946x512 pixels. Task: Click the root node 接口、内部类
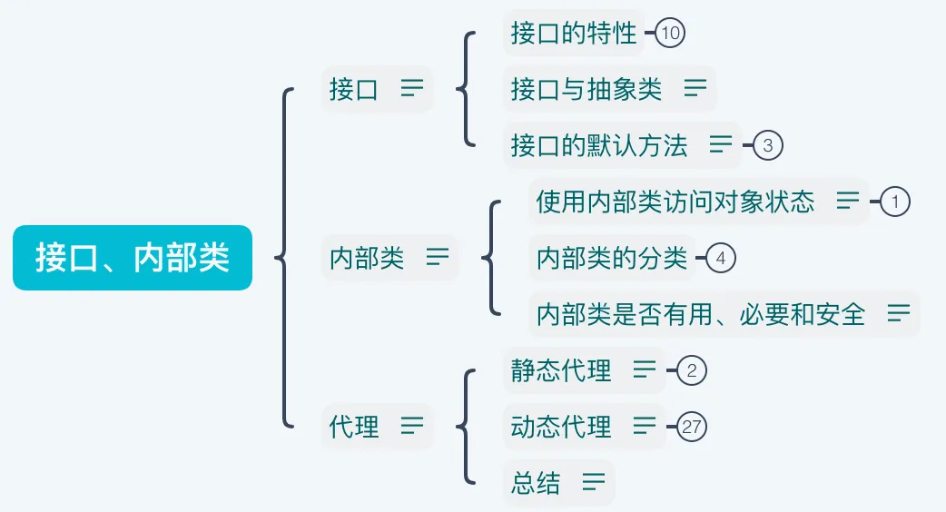tap(133, 258)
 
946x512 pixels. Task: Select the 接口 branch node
tap(354, 90)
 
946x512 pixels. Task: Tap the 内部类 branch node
tap(367, 258)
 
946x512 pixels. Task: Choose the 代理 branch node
tap(354, 426)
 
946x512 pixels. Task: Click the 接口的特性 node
tap(574, 34)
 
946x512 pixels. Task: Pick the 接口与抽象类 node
tap(586, 89)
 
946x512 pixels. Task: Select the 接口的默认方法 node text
tap(599, 145)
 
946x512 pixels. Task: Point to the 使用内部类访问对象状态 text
tap(675, 202)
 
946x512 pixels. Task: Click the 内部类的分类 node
tap(612, 259)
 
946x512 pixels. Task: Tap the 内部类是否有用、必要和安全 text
tap(701, 314)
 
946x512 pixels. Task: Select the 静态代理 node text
tap(561, 370)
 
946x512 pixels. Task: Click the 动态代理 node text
tap(561, 426)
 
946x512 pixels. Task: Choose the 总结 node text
tap(536, 482)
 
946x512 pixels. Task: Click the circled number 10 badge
tap(670, 34)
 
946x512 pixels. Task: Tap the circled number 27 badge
tap(692, 427)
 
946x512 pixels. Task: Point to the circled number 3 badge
tap(768, 145)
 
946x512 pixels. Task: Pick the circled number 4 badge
tap(721, 259)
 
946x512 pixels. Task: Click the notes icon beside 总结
tap(594, 482)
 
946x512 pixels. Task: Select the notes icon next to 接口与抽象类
tap(695, 88)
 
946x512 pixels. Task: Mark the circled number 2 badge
tap(692, 370)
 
